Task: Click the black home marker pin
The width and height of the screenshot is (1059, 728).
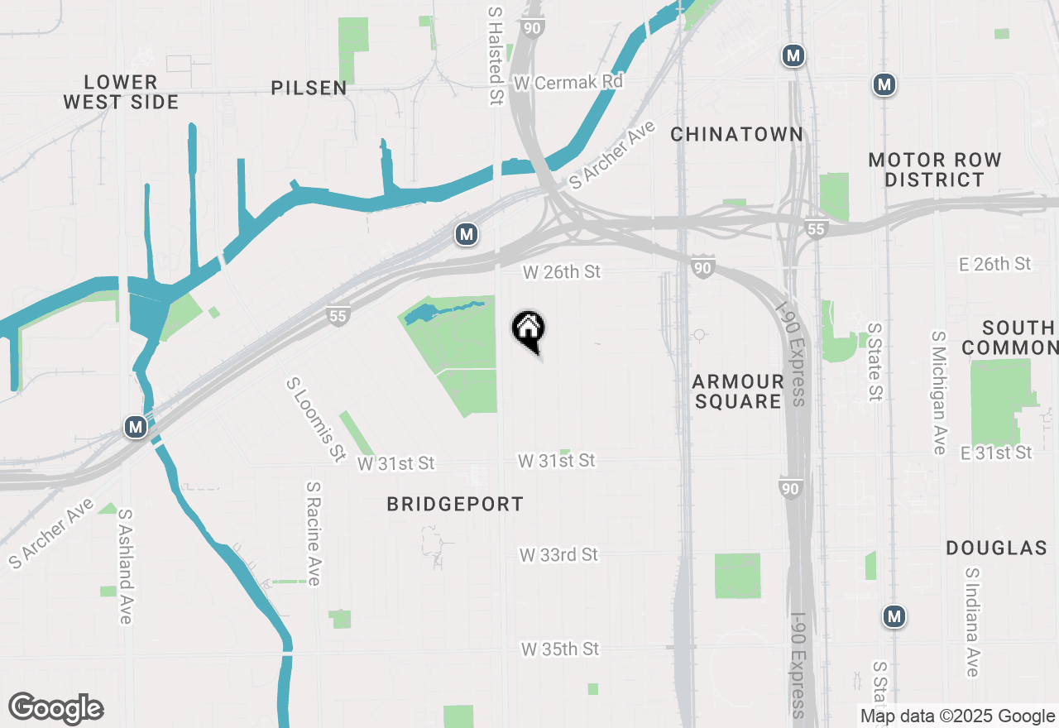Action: (528, 331)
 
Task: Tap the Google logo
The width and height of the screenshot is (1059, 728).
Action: (56, 708)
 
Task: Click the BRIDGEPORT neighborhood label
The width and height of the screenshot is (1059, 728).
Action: (455, 504)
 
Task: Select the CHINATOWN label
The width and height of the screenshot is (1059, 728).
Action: (736, 134)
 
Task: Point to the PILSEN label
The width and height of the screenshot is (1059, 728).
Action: (309, 89)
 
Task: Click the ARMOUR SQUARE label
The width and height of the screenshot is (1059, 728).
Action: (738, 391)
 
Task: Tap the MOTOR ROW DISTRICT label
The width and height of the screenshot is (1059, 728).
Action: (935, 170)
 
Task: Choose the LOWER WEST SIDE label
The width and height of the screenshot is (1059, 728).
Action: (121, 92)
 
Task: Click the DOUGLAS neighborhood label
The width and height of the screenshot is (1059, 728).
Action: (996, 548)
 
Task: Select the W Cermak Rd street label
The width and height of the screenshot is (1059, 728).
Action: (568, 83)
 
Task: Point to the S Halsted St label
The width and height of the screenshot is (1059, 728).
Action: (495, 56)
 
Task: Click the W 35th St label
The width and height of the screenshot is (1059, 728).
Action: (560, 649)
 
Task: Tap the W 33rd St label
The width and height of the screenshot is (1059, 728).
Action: (559, 554)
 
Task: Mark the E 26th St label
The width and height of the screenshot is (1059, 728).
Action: (994, 264)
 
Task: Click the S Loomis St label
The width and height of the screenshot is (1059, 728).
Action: (315, 419)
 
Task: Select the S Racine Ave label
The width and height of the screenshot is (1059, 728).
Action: (313, 534)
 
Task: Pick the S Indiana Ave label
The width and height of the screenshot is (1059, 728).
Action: (971, 622)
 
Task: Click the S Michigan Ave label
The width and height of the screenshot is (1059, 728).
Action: (938, 393)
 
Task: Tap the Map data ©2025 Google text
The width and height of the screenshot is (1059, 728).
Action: (957, 716)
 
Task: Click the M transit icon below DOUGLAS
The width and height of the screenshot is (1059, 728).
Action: (894, 616)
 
